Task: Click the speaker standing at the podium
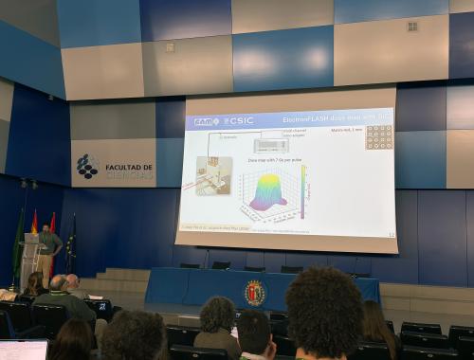coord(47,248)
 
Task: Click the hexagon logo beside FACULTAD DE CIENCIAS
coord(87,167)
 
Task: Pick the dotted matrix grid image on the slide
coord(379,136)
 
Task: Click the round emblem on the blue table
coord(256,294)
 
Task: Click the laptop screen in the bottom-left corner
coord(23,350)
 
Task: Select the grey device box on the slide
coord(271,146)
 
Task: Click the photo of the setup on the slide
coord(213,176)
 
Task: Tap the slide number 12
coord(391,233)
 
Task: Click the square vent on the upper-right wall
coord(412,26)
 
